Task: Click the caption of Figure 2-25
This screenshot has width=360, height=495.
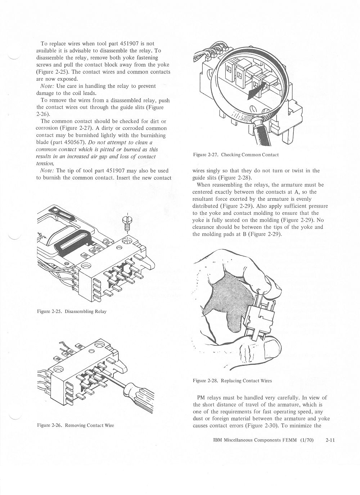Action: (x=72, y=312)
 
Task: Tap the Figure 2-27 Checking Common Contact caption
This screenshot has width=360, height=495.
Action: (x=236, y=155)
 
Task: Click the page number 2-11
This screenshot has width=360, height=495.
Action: (x=330, y=439)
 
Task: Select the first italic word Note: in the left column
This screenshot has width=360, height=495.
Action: (x=48, y=86)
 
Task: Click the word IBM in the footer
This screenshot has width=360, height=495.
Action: (x=213, y=439)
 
